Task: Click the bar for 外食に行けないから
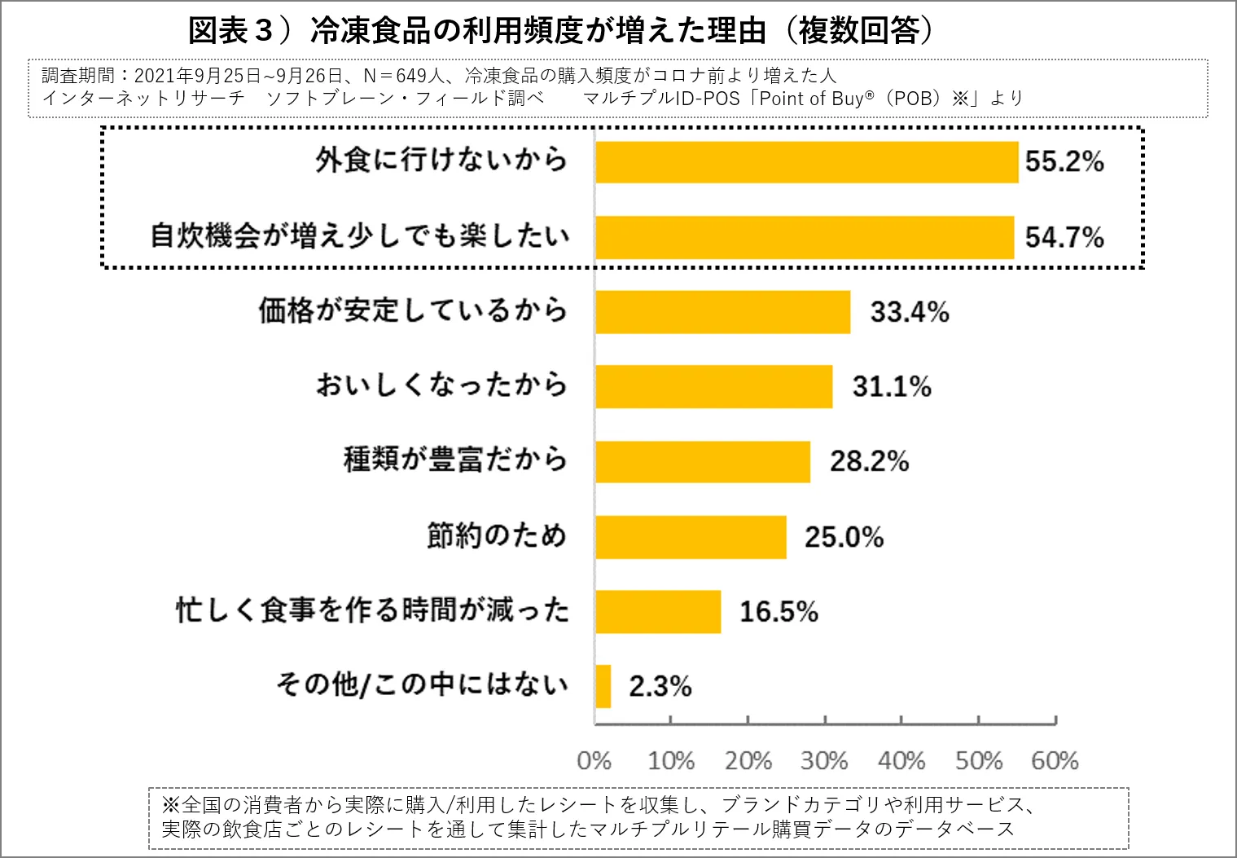806,162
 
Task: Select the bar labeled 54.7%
805,237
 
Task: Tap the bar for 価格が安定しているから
722,312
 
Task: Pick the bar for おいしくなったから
713,386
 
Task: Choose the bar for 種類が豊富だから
702,461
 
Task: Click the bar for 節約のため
691,537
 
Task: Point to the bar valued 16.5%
658,611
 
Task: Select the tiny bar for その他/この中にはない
603,686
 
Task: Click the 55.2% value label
1064,161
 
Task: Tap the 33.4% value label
909,312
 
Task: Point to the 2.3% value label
660,687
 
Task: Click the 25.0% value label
844,537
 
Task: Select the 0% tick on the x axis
594,761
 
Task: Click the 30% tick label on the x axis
824,761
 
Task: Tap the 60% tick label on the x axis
1055,761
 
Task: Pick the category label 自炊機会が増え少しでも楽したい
359,236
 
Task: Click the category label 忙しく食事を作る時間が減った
372,610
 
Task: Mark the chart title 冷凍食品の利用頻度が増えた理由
537,31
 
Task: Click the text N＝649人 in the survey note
404,76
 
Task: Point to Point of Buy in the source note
811,99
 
